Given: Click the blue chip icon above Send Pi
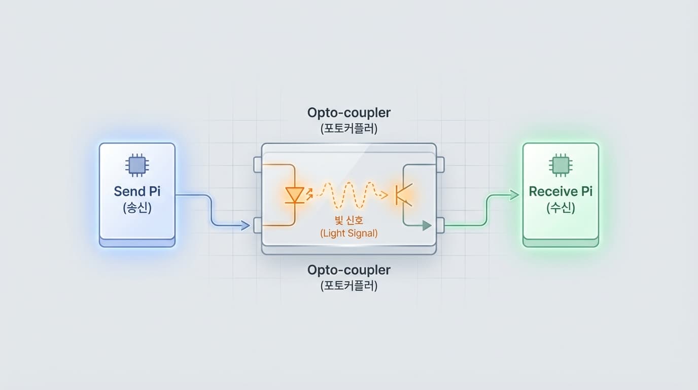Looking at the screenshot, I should pyautogui.click(x=136, y=165).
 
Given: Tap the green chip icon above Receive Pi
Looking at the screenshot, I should pyautogui.click(x=561, y=165).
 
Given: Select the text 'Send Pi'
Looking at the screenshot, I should pyautogui.click(x=136, y=191).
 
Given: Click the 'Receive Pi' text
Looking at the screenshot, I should pyautogui.click(x=561, y=191).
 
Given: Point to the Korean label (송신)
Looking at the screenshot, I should pyautogui.click(x=137, y=208).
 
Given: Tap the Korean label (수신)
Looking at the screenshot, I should pyautogui.click(x=561, y=208).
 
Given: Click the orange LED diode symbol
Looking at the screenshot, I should pyautogui.click(x=294, y=194).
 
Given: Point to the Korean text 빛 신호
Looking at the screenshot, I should pyautogui.click(x=349, y=221).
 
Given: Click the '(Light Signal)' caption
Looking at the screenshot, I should pyautogui.click(x=349, y=233).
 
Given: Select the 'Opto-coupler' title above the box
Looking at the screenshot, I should pyautogui.click(x=349, y=112).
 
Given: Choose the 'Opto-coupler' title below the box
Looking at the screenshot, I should pyautogui.click(x=349, y=270).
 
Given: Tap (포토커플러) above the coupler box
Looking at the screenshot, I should pyautogui.click(x=349, y=129).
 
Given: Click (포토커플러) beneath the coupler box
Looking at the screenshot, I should pyautogui.click(x=349, y=286).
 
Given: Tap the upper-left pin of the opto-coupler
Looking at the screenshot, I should pyautogui.click(x=257, y=164).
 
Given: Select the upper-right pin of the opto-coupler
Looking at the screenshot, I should pyautogui.click(x=440, y=164).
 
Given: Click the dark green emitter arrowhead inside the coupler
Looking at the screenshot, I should pyautogui.click(x=427, y=225).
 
